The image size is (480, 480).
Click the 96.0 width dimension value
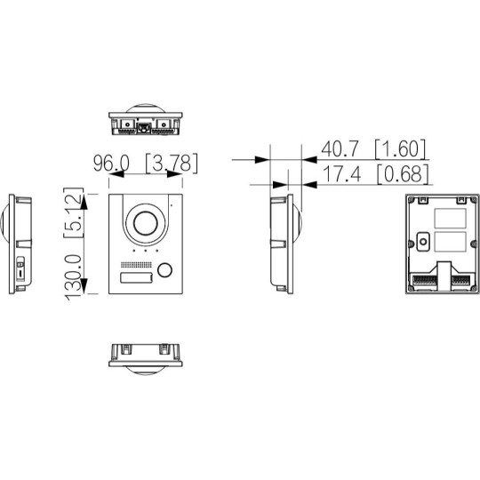pos(111,164)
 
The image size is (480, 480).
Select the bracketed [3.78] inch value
pos(172,164)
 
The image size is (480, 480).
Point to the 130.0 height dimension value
pos(73,277)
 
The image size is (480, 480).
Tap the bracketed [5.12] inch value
pos(74,212)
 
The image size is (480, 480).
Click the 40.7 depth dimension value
pos(340,148)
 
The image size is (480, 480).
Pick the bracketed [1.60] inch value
pos(400,149)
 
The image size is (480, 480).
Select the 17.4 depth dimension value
pos(341,174)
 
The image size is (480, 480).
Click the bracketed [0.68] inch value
pos(403,174)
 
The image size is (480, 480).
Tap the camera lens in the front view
pos(146,223)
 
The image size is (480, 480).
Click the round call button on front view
pos(164,269)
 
